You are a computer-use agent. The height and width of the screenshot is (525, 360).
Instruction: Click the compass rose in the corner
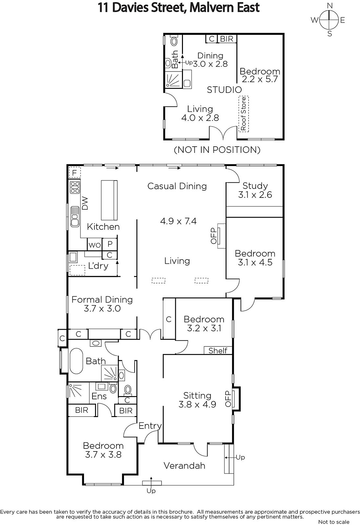tap(329, 20)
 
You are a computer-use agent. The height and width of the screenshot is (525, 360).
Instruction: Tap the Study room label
tap(255, 186)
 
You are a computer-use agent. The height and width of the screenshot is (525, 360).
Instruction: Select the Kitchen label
tap(103, 227)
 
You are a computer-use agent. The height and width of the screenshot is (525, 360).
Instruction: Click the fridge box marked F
tap(75, 173)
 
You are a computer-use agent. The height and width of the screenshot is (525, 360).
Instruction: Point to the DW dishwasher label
tap(85, 203)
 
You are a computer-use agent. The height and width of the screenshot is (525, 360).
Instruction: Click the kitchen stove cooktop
tap(75, 187)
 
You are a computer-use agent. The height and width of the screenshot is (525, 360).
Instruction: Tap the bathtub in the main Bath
tap(76, 361)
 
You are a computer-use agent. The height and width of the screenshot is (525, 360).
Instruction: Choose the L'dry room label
tap(98, 266)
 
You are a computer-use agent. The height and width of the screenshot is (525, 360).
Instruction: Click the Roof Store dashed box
tap(244, 114)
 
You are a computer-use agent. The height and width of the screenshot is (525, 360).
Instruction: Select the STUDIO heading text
tap(224, 90)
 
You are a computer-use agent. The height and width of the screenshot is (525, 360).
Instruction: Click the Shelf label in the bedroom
tap(218, 351)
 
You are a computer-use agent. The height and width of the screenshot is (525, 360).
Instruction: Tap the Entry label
tap(150, 426)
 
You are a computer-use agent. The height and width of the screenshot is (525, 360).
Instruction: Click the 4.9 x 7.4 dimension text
tap(178, 221)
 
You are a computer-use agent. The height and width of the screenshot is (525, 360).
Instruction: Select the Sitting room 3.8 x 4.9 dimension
tap(197, 404)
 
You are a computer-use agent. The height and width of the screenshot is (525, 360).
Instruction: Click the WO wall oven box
tap(95, 244)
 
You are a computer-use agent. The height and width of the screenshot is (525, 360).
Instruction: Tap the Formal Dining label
tap(102, 300)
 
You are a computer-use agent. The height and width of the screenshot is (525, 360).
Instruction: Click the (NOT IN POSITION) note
tap(217, 150)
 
